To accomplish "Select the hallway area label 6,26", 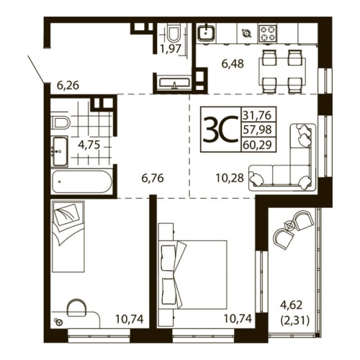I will coord(68,85).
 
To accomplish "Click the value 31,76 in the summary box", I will coord(258,115).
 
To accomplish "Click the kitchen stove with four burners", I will coord(269,33).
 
